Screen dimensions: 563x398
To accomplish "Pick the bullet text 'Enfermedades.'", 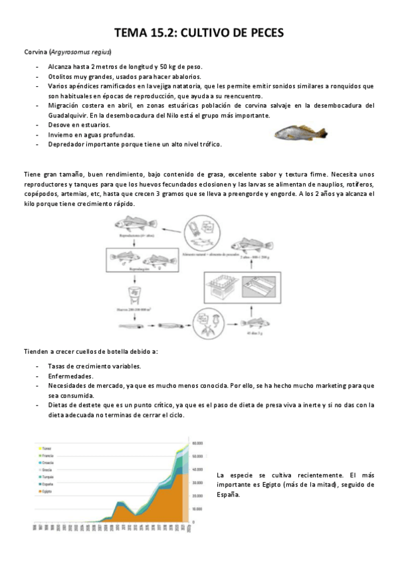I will point(70,376).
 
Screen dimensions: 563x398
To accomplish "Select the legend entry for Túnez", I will point(46,447).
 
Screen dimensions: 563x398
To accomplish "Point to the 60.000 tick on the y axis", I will point(197,442).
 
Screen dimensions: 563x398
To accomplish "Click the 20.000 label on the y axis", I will point(197,495).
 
